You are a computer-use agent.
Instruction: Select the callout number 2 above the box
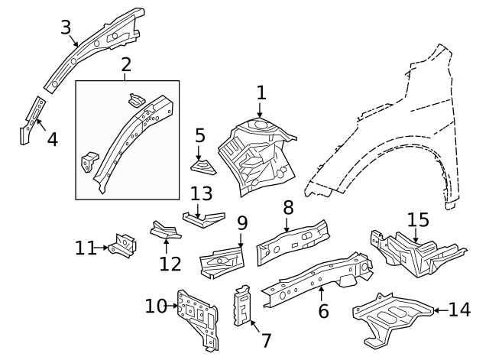coord(126,66)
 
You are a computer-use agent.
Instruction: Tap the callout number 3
coord(67,28)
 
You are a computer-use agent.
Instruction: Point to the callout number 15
coord(418,221)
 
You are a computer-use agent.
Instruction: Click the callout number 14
coord(460,310)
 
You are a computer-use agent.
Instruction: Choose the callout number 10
coord(156,306)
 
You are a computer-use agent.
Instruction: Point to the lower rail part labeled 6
coord(313,275)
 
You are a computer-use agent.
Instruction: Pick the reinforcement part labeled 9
coord(221,261)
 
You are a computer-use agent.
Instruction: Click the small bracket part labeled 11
coord(122,245)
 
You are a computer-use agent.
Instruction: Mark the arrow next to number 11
coord(104,248)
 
